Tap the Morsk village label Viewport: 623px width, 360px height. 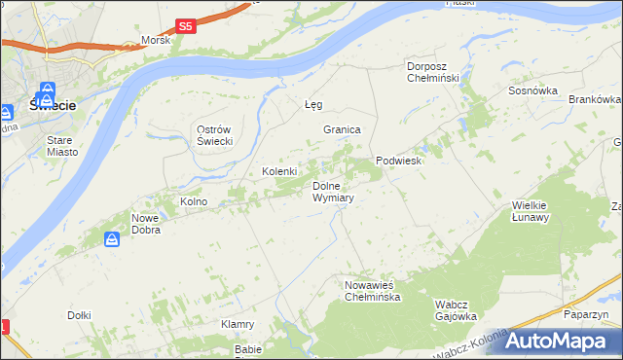(156, 40)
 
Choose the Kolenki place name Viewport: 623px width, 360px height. (279, 171)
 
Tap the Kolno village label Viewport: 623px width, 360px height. (194, 201)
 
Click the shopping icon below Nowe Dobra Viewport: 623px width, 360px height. (114, 238)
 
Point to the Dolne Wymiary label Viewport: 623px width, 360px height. (332, 192)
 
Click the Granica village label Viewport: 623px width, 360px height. (343, 129)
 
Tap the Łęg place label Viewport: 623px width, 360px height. (313, 104)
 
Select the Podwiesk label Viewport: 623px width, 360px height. (398, 162)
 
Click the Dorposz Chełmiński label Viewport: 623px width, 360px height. (438, 72)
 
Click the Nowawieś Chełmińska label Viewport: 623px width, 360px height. (372, 291)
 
